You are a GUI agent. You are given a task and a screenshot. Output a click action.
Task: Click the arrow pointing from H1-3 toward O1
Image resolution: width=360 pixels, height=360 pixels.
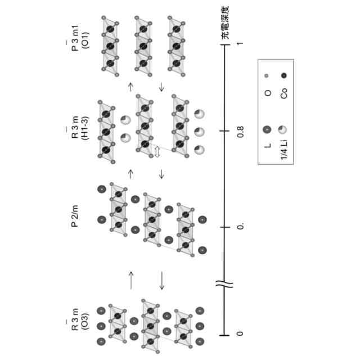point(130,86)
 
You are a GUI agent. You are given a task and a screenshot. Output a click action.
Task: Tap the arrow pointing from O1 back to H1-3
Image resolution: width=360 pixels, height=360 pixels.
point(162,86)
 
